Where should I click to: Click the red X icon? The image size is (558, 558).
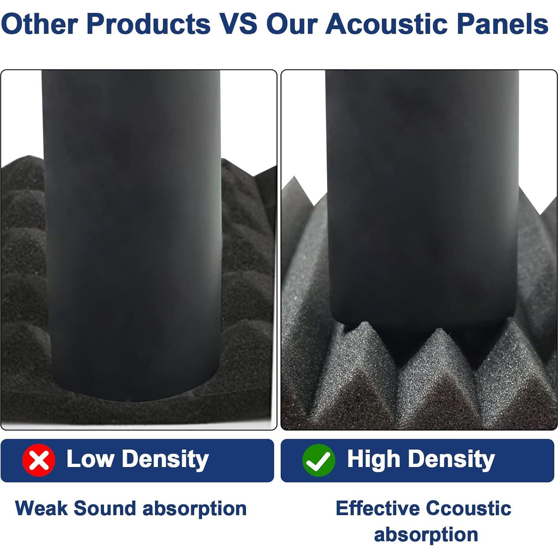click(39, 460)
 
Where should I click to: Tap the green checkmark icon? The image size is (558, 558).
click(319, 460)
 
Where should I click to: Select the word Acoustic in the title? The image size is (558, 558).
click(388, 24)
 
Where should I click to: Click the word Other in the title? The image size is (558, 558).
click(40, 24)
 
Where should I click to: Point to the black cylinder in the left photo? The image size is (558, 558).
click(132, 235)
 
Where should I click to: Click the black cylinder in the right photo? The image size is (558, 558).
click(422, 209)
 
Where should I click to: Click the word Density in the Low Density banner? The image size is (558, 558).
click(165, 459)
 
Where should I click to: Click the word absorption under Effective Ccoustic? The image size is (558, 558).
click(426, 535)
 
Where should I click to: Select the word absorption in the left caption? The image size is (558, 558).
click(195, 509)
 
